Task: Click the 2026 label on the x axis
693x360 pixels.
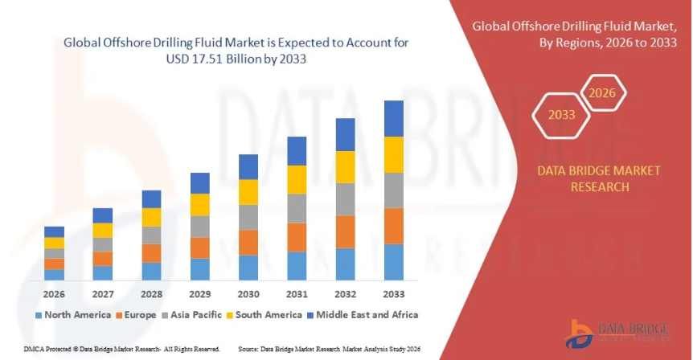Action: point(54,293)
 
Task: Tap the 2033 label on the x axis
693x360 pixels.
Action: point(393,293)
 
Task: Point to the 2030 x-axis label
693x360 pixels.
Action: point(248,293)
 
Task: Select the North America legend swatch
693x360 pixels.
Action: point(38,314)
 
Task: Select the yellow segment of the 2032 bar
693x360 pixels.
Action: point(345,167)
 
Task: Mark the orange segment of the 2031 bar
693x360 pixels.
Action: point(297,237)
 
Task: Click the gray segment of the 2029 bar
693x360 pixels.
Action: point(199,227)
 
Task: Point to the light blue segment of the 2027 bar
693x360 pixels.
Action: point(102,272)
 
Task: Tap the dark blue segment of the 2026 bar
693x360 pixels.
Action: point(54,231)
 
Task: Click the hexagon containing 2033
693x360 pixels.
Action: point(562,115)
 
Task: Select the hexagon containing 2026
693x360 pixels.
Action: point(602,93)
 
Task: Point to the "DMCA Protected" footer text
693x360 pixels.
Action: point(29,350)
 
